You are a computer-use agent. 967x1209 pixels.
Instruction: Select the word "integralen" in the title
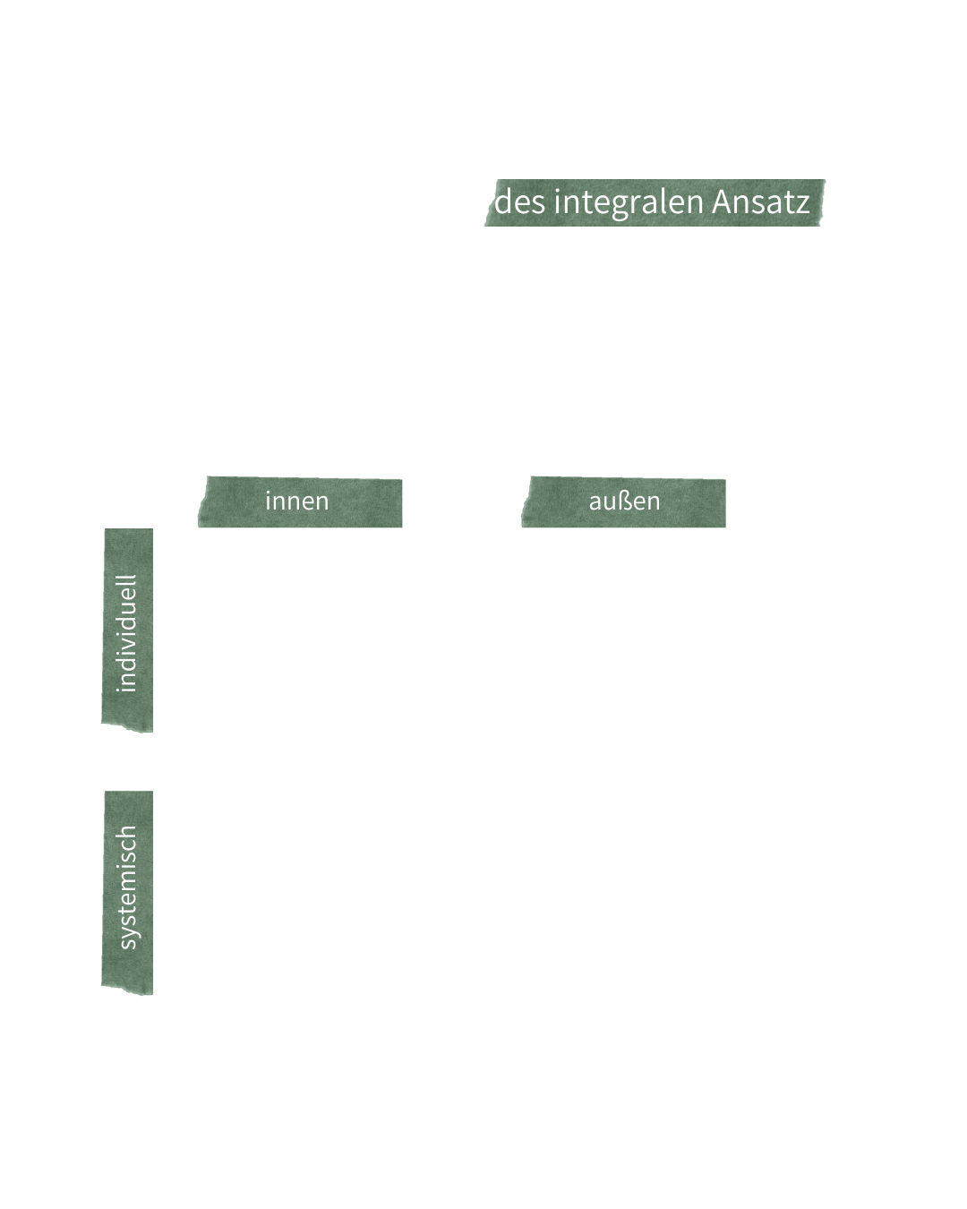[629, 203]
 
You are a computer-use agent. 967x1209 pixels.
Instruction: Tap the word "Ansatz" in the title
[761, 201]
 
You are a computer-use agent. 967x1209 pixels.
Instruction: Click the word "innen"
[296, 501]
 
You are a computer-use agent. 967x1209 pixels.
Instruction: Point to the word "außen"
[624, 501]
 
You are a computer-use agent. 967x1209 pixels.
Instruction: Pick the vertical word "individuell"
[126, 633]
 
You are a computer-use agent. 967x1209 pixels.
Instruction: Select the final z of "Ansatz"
[802, 205]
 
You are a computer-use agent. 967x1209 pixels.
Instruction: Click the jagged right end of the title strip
[822, 202]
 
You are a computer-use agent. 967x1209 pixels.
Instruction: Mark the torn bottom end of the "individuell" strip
[127, 727]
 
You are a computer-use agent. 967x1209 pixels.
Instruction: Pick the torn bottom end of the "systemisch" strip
[127, 990]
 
